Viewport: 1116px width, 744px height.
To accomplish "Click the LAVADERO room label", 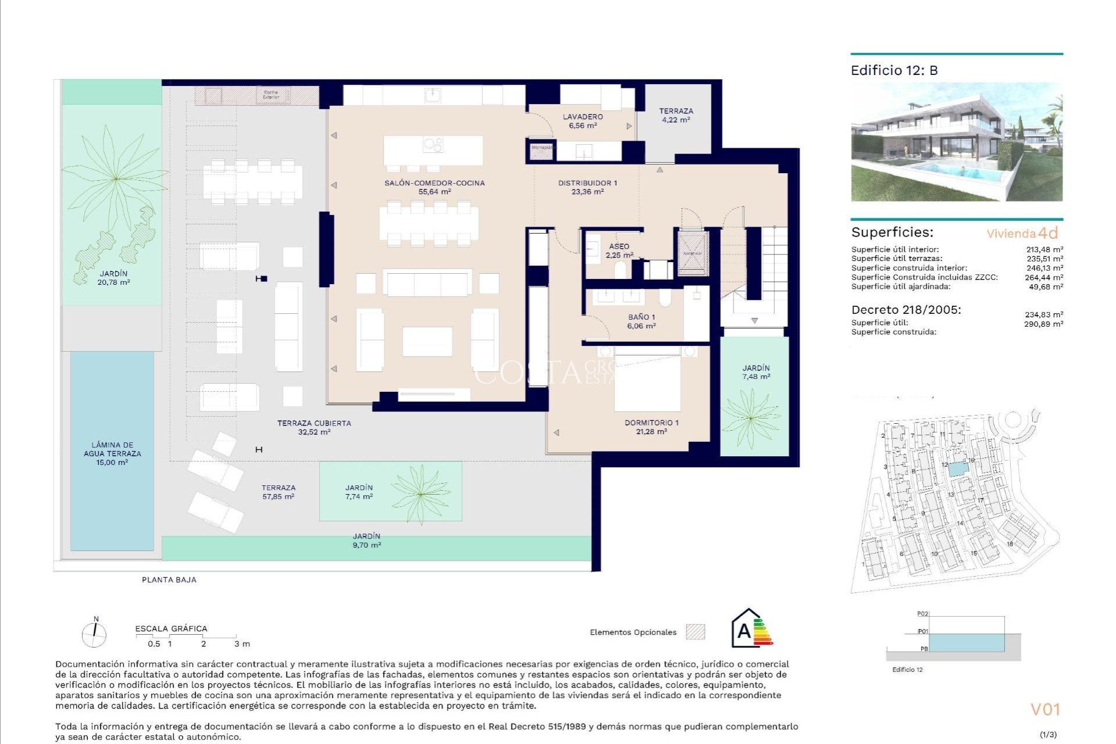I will [582, 121].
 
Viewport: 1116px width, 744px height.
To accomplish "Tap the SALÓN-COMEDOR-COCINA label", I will [434, 187].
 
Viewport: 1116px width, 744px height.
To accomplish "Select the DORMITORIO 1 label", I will [651, 427].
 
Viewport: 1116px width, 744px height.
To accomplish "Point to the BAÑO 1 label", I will [641, 321].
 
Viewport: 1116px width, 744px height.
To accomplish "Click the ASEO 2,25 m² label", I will [619, 251].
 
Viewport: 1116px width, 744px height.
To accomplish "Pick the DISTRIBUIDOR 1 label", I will [587, 187].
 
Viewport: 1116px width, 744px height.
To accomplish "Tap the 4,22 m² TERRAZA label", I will [675, 115].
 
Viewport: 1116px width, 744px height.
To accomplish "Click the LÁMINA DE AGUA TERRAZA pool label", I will [112, 453].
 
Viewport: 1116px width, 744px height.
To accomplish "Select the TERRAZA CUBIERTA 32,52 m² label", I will [314, 427].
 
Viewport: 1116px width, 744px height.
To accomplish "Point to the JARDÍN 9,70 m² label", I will [366, 541].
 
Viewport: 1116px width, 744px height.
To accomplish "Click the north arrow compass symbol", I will [94, 634].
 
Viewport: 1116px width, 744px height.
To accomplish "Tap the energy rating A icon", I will [752, 629].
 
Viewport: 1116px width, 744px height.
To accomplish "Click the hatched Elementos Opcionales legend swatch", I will [695, 632].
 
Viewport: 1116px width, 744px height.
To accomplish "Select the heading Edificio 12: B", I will [894, 70].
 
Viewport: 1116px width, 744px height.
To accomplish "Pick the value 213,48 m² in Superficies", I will [1044, 249].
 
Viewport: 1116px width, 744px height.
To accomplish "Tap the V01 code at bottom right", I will [1045, 709].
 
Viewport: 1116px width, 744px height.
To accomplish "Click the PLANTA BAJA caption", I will [169, 580].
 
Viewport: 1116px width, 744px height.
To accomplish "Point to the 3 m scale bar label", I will [242, 643].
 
